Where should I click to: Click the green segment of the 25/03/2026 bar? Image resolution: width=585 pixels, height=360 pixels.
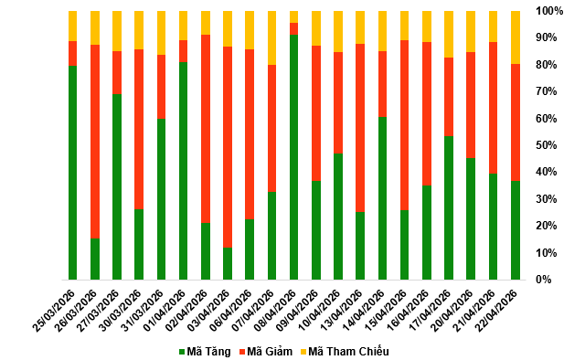(x=73, y=173)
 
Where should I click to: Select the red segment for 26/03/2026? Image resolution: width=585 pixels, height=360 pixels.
(x=95, y=142)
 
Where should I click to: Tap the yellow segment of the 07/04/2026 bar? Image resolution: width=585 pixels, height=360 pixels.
(x=272, y=38)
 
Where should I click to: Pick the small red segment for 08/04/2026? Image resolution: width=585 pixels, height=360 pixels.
(x=294, y=28)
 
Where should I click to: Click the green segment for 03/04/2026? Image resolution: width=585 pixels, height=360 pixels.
(x=228, y=263)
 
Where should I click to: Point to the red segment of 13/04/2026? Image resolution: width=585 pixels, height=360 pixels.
(x=360, y=128)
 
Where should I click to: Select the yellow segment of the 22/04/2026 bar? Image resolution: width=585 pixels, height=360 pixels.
(x=516, y=37)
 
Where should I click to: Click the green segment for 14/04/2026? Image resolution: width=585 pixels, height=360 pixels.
(x=382, y=198)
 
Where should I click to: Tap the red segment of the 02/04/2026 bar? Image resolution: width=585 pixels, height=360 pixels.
(x=206, y=129)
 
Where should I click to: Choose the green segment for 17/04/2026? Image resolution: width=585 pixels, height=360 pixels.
(x=449, y=207)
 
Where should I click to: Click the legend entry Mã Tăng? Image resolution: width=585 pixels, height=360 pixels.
(x=205, y=352)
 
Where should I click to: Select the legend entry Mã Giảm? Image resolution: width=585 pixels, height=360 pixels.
(x=266, y=352)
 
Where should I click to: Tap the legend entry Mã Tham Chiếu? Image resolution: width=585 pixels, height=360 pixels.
(x=345, y=352)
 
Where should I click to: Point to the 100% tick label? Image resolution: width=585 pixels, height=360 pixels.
(x=549, y=11)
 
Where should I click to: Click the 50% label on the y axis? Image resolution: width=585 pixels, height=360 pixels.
(x=547, y=145)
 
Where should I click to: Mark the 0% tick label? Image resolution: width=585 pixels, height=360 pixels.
(x=544, y=280)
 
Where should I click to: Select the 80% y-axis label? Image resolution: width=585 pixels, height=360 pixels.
(x=547, y=65)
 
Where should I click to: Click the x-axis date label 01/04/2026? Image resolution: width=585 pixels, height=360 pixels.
(x=165, y=310)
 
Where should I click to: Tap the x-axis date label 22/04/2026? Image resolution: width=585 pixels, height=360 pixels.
(x=496, y=310)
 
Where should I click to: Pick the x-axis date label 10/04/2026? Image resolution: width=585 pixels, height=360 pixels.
(x=319, y=310)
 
